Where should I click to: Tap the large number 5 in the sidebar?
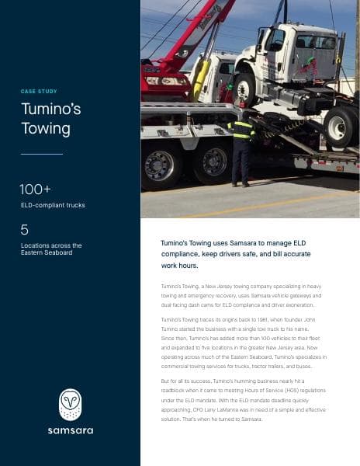[x=25, y=229]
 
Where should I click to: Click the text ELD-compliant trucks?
[x=53, y=205]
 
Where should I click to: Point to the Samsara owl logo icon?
[x=70, y=404]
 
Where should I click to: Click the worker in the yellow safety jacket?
[x=242, y=144]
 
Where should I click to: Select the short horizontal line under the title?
[x=41, y=154]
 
